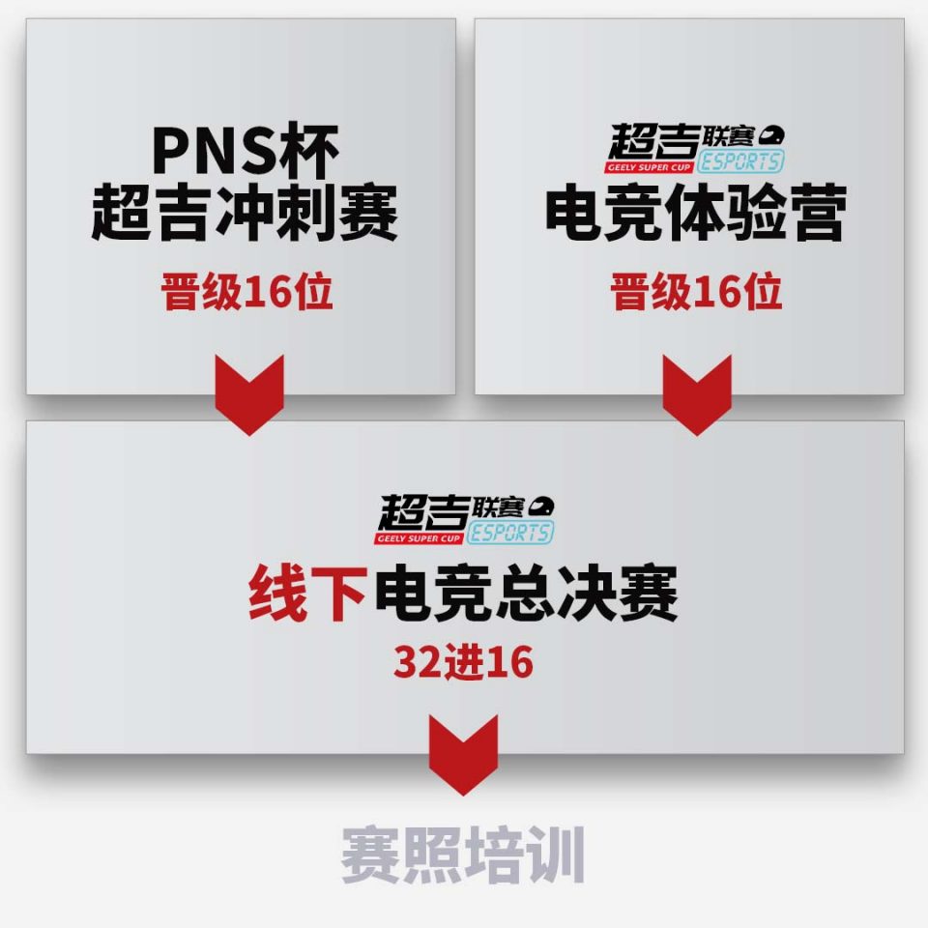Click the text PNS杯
click(x=246, y=151)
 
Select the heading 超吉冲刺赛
click(x=245, y=213)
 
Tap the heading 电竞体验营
click(x=696, y=213)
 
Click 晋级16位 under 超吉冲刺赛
click(x=246, y=291)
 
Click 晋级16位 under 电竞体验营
click(x=696, y=291)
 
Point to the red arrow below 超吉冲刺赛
click(x=249, y=395)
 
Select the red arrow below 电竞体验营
click(x=697, y=395)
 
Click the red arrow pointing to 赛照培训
click(x=463, y=755)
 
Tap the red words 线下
click(x=307, y=593)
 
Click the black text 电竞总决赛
click(x=526, y=593)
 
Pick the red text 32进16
click(x=463, y=661)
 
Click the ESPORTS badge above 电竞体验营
click(x=740, y=161)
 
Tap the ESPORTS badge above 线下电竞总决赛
click(x=510, y=532)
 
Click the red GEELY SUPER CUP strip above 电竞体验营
click(x=650, y=167)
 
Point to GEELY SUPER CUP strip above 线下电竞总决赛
click(x=419, y=538)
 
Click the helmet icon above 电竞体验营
click(x=771, y=135)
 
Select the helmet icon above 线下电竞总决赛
click(x=541, y=506)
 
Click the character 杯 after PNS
click(x=309, y=151)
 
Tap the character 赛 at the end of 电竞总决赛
click(x=648, y=593)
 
